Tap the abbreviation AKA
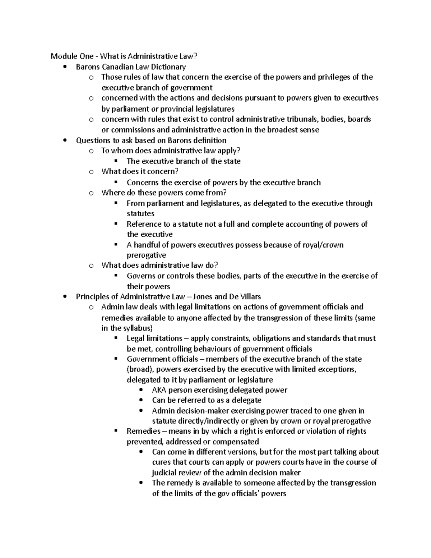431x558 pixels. click(159, 390)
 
